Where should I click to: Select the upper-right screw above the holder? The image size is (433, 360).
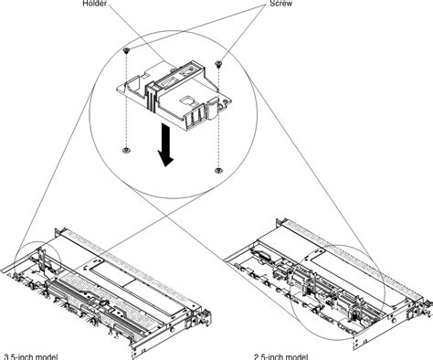click(220, 64)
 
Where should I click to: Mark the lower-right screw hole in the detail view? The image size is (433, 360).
click(218, 169)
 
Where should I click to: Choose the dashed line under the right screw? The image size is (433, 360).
click(219, 119)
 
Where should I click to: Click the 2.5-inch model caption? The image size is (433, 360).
click(282, 355)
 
